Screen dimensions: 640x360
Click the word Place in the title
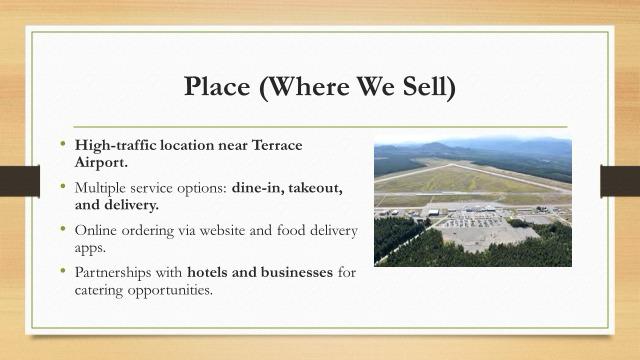coord(217,86)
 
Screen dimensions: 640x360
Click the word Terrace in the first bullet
coord(277,145)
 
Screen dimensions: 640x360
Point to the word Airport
coord(101,162)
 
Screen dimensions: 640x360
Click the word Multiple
coord(100,188)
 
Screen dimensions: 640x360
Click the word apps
coord(90,248)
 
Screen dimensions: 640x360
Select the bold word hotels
coord(207,272)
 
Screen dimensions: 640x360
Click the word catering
coord(99,290)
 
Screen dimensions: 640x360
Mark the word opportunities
coord(170,290)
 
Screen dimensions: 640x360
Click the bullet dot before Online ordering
coord(62,228)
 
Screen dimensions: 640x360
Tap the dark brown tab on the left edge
coord(20,181)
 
